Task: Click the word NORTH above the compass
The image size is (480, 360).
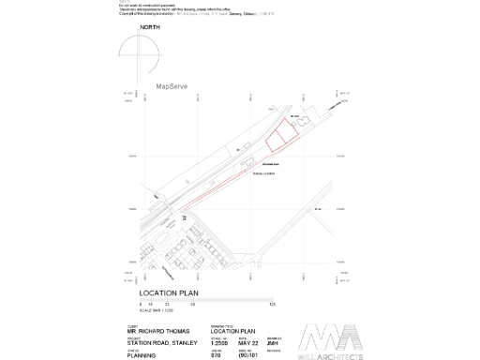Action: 150,29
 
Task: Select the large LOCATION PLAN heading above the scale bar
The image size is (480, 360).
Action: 170,293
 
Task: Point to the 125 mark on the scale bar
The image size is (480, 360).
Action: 272,305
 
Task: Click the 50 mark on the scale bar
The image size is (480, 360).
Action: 192,305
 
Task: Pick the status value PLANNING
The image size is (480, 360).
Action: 142,356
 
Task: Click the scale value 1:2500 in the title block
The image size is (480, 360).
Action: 219,343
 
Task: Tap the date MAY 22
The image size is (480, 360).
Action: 248,343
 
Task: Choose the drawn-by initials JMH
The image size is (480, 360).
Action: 274,343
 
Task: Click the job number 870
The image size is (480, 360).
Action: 216,356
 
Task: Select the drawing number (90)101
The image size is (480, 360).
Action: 248,356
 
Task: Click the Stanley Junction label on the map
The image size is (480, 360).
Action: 262,173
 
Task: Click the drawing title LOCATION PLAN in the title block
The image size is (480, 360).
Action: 232,331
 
